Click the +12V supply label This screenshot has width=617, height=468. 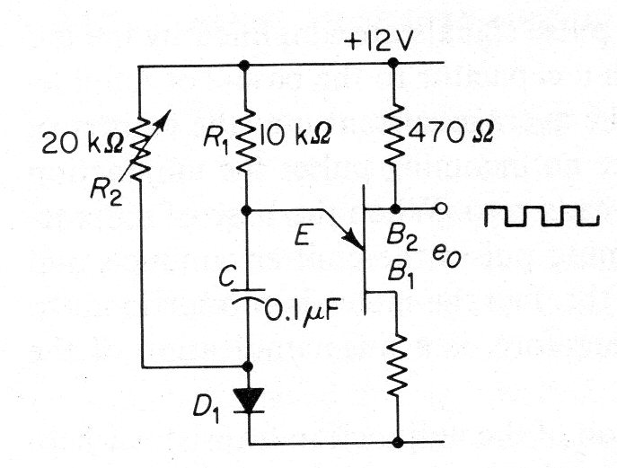[x=378, y=41]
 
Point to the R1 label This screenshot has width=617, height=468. [x=216, y=140]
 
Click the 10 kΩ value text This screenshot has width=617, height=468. [x=295, y=135]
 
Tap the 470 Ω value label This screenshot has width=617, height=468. [x=451, y=134]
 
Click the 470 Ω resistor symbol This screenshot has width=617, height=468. [x=393, y=134]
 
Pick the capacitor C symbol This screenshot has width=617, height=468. [x=248, y=296]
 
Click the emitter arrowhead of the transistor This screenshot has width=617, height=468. [x=354, y=241]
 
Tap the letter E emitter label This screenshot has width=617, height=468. [x=303, y=236]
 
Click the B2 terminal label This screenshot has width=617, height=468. [x=401, y=239]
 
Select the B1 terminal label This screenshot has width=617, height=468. [x=401, y=274]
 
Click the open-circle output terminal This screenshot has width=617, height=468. [x=442, y=208]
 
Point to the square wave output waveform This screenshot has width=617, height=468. [x=542, y=216]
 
